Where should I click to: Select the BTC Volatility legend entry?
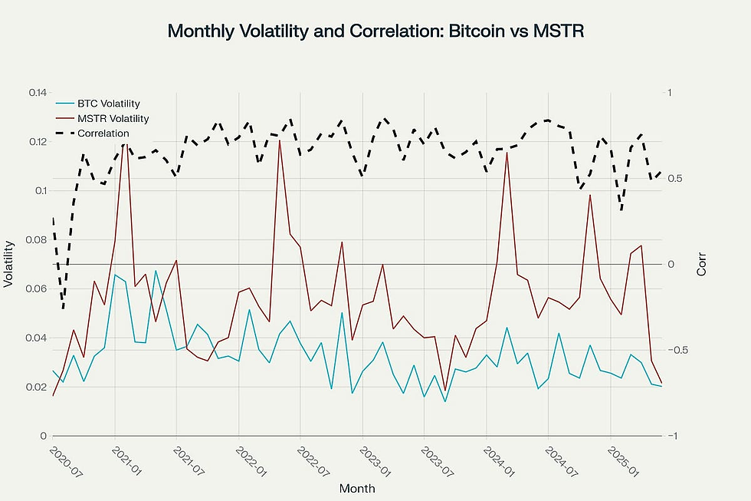click(108, 103)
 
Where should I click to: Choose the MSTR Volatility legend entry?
click(113, 118)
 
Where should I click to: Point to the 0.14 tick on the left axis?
click(36, 93)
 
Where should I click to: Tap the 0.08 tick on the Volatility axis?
click(36, 240)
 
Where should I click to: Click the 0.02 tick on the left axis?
click(36, 387)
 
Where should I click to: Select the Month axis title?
click(357, 487)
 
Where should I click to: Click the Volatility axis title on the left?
click(8, 264)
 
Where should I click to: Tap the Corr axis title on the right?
click(702, 264)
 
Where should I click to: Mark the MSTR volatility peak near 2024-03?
click(507, 152)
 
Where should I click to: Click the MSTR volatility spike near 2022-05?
click(280, 140)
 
